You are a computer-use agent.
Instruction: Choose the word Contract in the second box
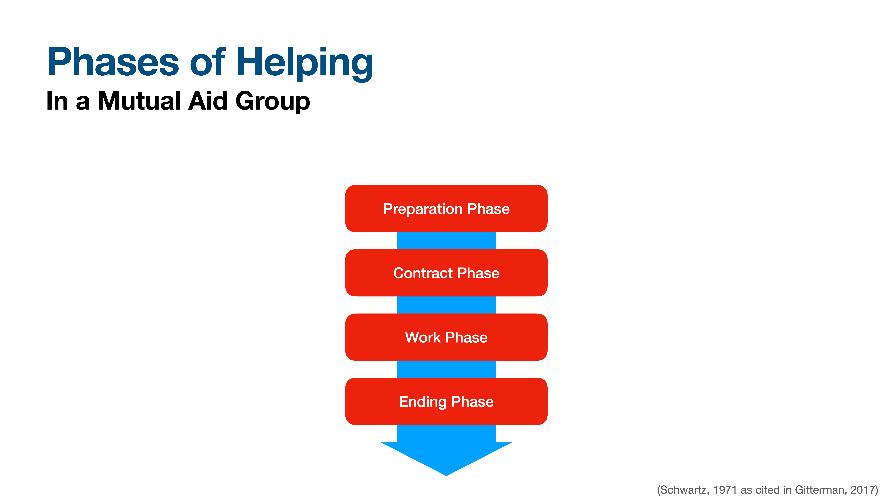point(423,273)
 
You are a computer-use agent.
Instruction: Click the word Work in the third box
point(423,337)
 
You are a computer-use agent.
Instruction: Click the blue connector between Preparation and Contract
point(446,241)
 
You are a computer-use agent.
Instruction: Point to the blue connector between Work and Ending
point(446,369)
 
